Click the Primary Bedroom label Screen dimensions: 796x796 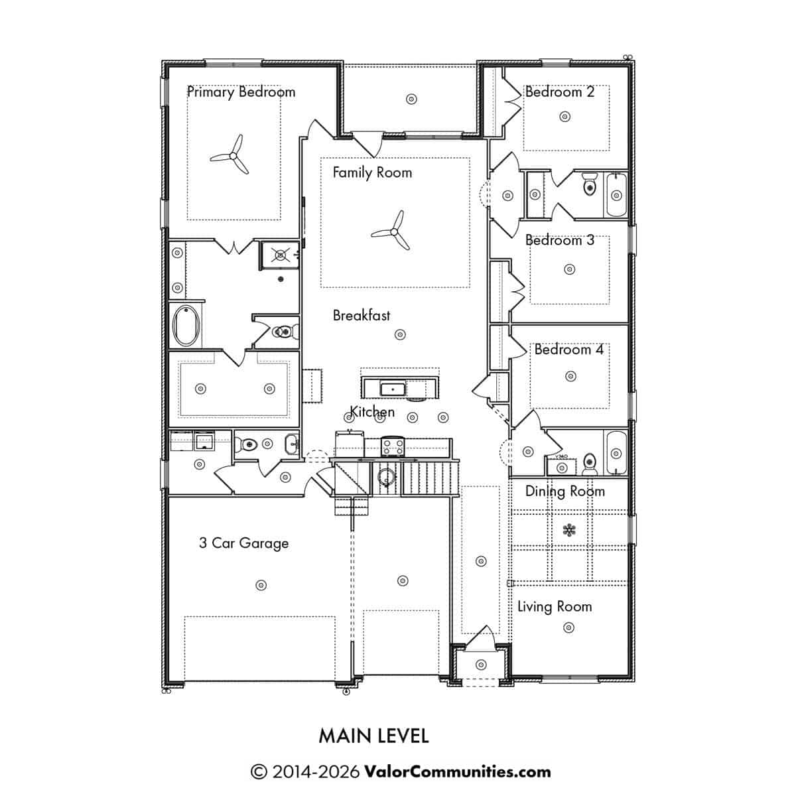click(241, 92)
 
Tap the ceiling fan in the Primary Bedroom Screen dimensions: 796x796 click(233, 155)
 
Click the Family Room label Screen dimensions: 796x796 click(372, 172)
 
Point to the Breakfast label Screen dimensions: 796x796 click(361, 315)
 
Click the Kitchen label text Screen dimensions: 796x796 click(372, 411)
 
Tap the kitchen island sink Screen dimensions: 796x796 click(393, 389)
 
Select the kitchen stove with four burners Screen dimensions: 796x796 click(393, 447)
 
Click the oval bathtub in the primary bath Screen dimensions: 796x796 click(186, 326)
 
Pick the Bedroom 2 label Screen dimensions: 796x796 click(560, 92)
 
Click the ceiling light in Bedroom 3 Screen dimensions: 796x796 click(570, 269)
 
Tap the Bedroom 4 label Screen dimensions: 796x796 click(568, 350)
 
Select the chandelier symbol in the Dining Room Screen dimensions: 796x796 click(569, 530)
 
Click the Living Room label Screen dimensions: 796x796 click(555, 607)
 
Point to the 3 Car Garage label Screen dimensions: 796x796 click(243, 543)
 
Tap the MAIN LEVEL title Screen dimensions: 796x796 click(374, 736)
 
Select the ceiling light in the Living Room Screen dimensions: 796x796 click(568, 628)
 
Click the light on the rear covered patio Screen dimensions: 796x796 click(411, 99)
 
